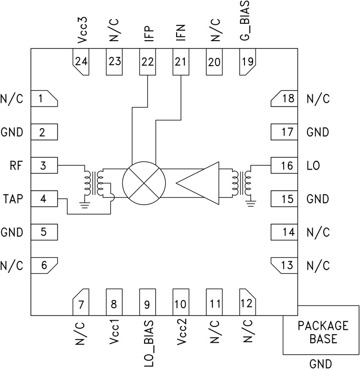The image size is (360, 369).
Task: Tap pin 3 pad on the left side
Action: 44,165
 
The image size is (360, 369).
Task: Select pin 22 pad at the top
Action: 147,61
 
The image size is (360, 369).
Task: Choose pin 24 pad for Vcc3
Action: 80,62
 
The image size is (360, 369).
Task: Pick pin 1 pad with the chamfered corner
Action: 44,99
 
